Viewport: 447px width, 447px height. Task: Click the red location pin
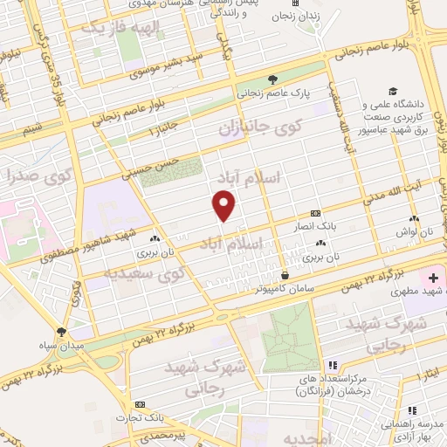click(x=224, y=204)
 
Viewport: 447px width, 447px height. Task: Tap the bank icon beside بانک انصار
click(x=315, y=212)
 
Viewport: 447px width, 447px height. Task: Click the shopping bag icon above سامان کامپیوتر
click(x=285, y=276)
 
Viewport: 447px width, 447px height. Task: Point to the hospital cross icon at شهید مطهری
click(x=433, y=278)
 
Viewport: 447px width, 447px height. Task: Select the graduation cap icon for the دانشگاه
click(x=393, y=91)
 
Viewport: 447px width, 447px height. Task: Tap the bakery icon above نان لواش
click(x=413, y=219)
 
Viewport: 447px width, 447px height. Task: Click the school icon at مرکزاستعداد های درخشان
click(x=331, y=365)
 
